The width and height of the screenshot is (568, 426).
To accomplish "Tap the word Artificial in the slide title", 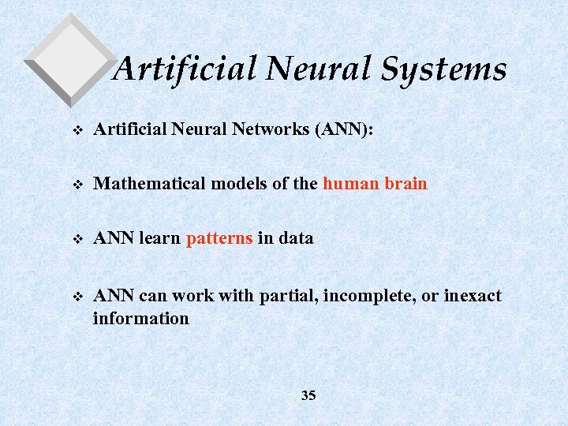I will pyautogui.click(x=185, y=69).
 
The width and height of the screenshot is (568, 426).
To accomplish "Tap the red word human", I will pyautogui.click(x=351, y=184).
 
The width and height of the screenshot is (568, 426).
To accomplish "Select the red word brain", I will pyautogui.click(x=405, y=184).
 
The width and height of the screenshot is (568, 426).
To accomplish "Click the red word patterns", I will pyautogui.click(x=219, y=237).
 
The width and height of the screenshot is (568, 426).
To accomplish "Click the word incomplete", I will pyautogui.click(x=364, y=296).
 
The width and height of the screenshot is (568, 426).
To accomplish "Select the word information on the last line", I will pyautogui.click(x=140, y=319).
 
